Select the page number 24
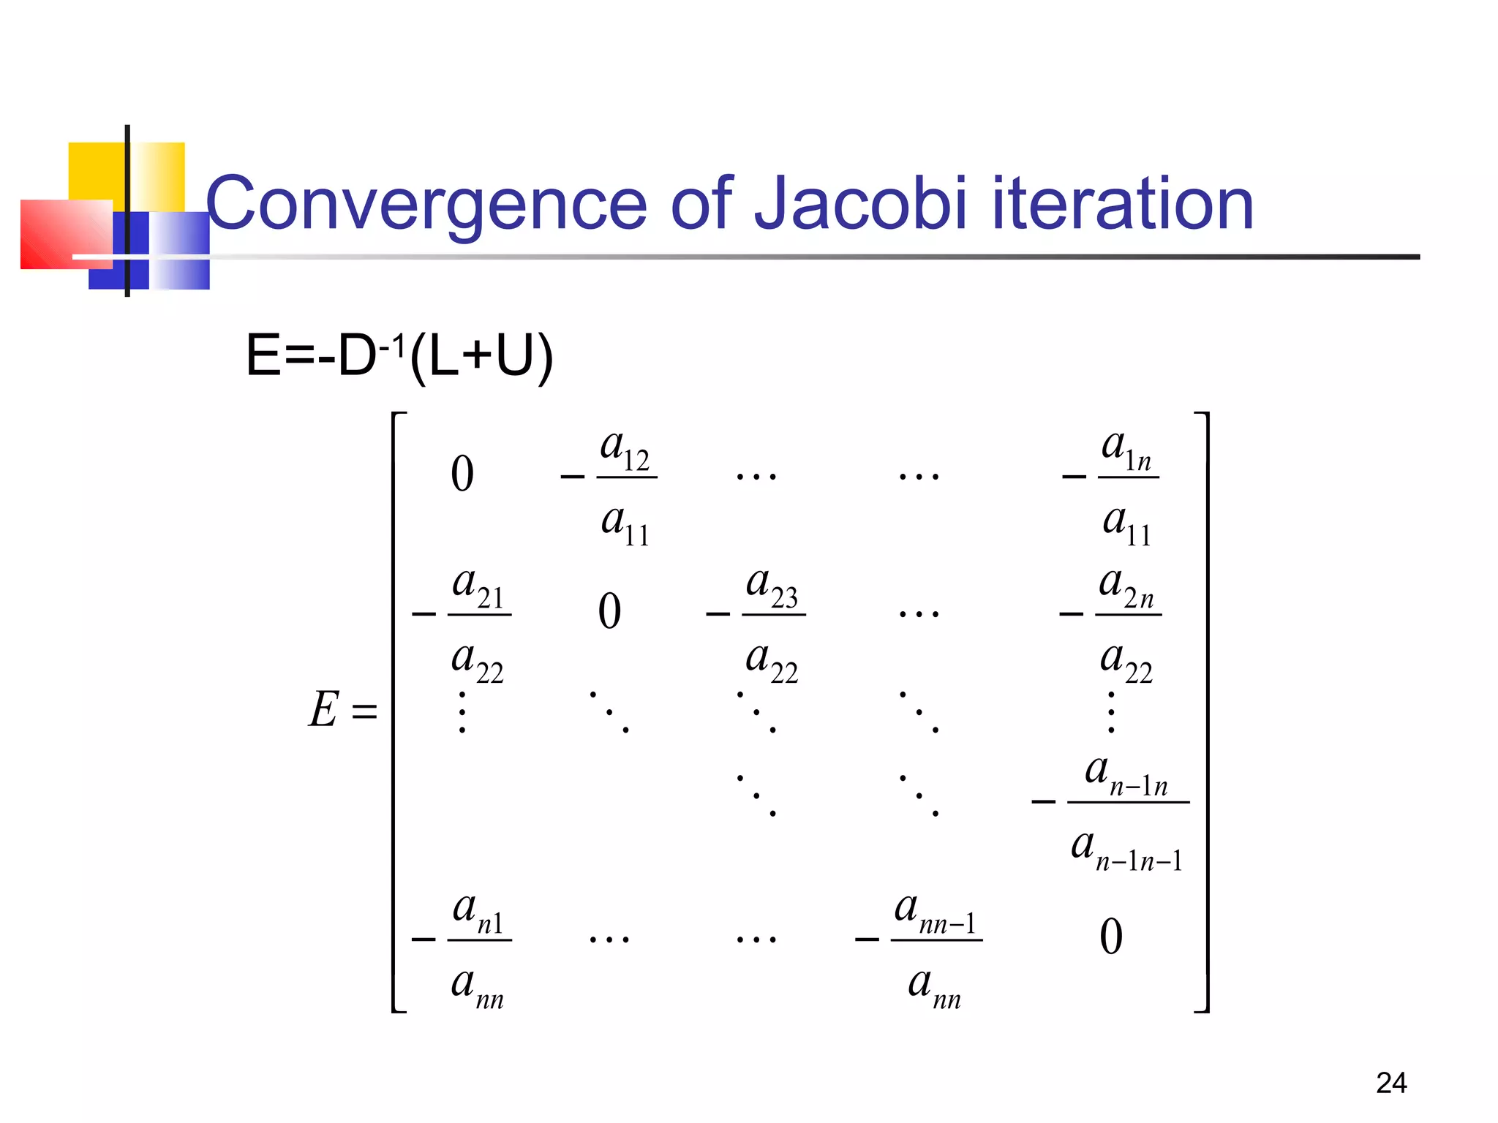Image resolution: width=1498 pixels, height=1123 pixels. tap(1390, 1083)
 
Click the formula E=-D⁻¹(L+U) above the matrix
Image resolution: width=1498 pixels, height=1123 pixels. tap(399, 356)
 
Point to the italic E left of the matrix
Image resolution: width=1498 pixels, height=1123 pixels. tap(323, 709)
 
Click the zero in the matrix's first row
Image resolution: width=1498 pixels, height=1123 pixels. tap(462, 474)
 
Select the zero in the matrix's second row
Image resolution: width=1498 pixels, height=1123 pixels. tap(609, 611)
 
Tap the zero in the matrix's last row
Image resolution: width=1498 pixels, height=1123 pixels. tap(1111, 937)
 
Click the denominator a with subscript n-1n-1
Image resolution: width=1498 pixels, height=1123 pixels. tap(1127, 849)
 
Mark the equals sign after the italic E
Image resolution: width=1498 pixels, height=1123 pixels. tap(364, 711)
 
